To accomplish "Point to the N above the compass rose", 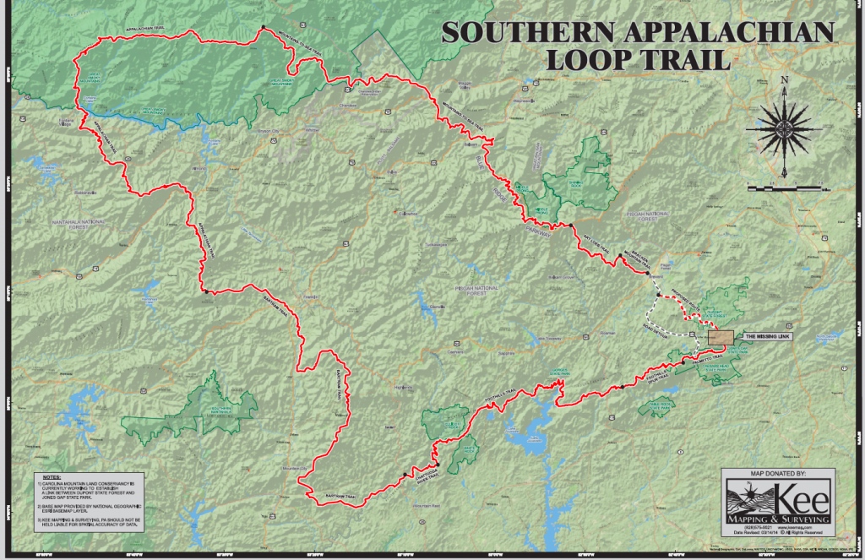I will click(785, 81).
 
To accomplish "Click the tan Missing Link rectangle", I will click(721, 336).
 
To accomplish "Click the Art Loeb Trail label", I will click(597, 242).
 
